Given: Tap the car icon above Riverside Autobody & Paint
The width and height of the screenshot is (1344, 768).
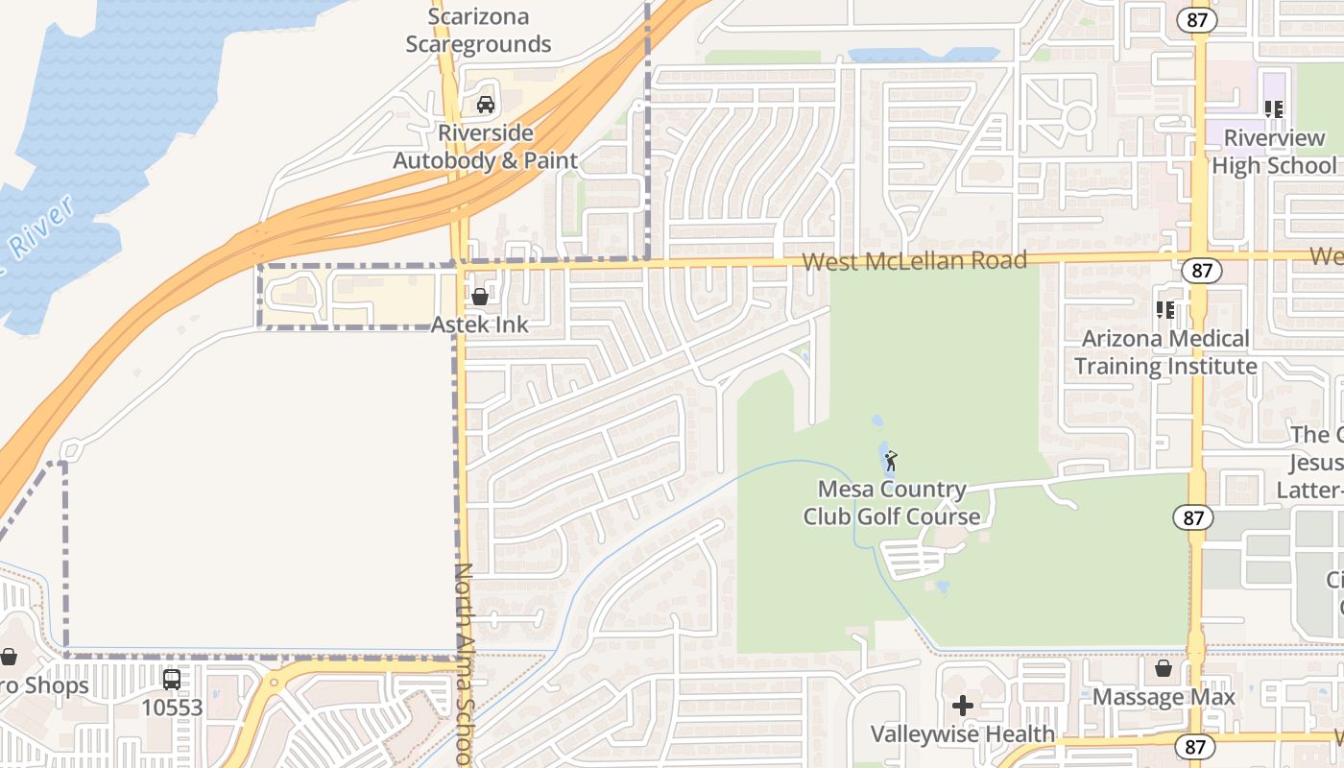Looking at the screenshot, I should pyautogui.click(x=486, y=105).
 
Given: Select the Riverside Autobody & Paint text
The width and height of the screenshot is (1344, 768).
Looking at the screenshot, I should pyautogui.click(x=486, y=147).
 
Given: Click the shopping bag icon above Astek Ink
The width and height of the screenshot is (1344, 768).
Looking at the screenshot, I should pyautogui.click(x=479, y=297).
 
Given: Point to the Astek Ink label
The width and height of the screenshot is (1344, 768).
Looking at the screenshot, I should pyautogui.click(x=480, y=324).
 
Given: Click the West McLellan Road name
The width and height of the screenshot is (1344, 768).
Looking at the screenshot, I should pyautogui.click(x=914, y=260).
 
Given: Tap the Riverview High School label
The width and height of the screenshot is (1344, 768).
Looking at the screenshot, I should pyautogui.click(x=1274, y=152).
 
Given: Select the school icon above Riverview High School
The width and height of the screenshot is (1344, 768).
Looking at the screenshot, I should pyautogui.click(x=1274, y=109).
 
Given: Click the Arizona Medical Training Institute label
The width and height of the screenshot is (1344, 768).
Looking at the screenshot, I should pyautogui.click(x=1165, y=352).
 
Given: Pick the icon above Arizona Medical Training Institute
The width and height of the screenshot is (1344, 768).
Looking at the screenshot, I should pyautogui.click(x=1165, y=310).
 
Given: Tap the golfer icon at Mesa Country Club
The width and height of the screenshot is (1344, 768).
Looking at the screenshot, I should pyautogui.click(x=891, y=461).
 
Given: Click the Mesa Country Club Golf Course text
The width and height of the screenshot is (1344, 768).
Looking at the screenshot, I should pyautogui.click(x=892, y=503).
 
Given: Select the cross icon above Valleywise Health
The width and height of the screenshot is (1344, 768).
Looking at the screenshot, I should pyautogui.click(x=962, y=707).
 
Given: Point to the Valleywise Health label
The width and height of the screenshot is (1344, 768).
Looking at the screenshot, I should pyautogui.click(x=963, y=734).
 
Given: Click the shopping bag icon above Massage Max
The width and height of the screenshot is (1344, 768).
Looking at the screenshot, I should pyautogui.click(x=1164, y=668).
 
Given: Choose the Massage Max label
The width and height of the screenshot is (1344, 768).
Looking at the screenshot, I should pyautogui.click(x=1164, y=697).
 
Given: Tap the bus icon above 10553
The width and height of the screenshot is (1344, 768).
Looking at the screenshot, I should pyautogui.click(x=172, y=680).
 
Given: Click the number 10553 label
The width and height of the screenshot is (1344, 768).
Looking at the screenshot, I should pyautogui.click(x=172, y=708).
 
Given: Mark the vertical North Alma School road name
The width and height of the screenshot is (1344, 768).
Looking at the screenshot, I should pyautogui.click(x=464, y=662).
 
